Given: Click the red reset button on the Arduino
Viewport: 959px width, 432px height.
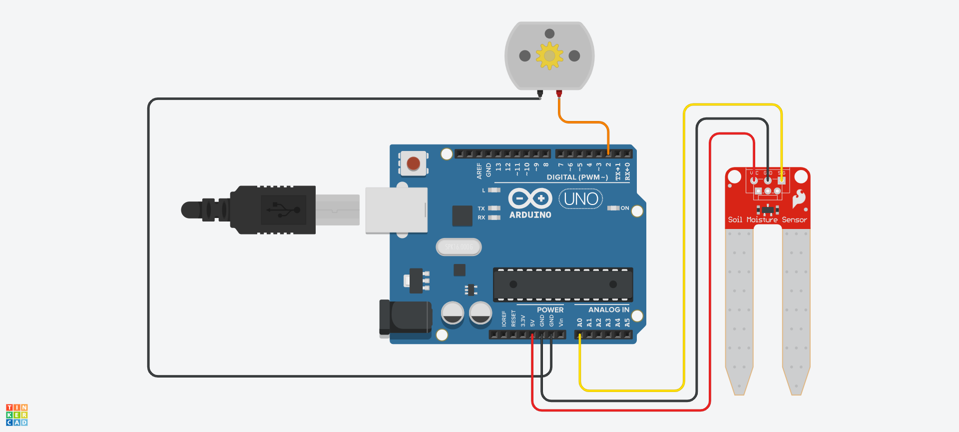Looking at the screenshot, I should tap(413, 163).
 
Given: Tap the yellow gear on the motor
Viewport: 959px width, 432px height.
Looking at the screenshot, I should tap(549, 55).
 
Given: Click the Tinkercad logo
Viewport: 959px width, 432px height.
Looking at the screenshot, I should tap(16, 415).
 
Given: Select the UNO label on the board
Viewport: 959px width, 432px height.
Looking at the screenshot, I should tap(581, 199).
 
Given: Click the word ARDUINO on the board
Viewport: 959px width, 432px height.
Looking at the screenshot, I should tap(530, 215).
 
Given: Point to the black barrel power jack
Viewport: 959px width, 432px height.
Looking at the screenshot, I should tap(406, 317).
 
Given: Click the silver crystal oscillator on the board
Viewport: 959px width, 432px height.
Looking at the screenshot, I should tap(459, 246).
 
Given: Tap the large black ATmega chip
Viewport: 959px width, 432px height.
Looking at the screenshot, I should tap(563, 284).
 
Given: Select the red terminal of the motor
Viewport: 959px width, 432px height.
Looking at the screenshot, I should tap(559, 93).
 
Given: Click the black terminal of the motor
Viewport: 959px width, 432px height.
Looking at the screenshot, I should tap(540, 93).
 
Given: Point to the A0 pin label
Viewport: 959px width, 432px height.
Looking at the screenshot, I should tap(579, 322).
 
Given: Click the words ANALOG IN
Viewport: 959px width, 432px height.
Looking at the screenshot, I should tap(608, 310).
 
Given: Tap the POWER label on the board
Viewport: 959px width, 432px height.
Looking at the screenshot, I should tap(550, 310).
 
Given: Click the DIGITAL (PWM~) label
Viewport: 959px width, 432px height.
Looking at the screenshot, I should tap(577, 177).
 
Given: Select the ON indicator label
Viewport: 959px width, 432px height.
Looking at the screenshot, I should tap(624, 208).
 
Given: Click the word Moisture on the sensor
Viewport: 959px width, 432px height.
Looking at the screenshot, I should tap(762, 220).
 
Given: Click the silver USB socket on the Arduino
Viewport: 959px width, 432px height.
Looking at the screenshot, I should tap(396, 210).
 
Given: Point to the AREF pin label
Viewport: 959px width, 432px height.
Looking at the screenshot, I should tap(479, 170).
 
